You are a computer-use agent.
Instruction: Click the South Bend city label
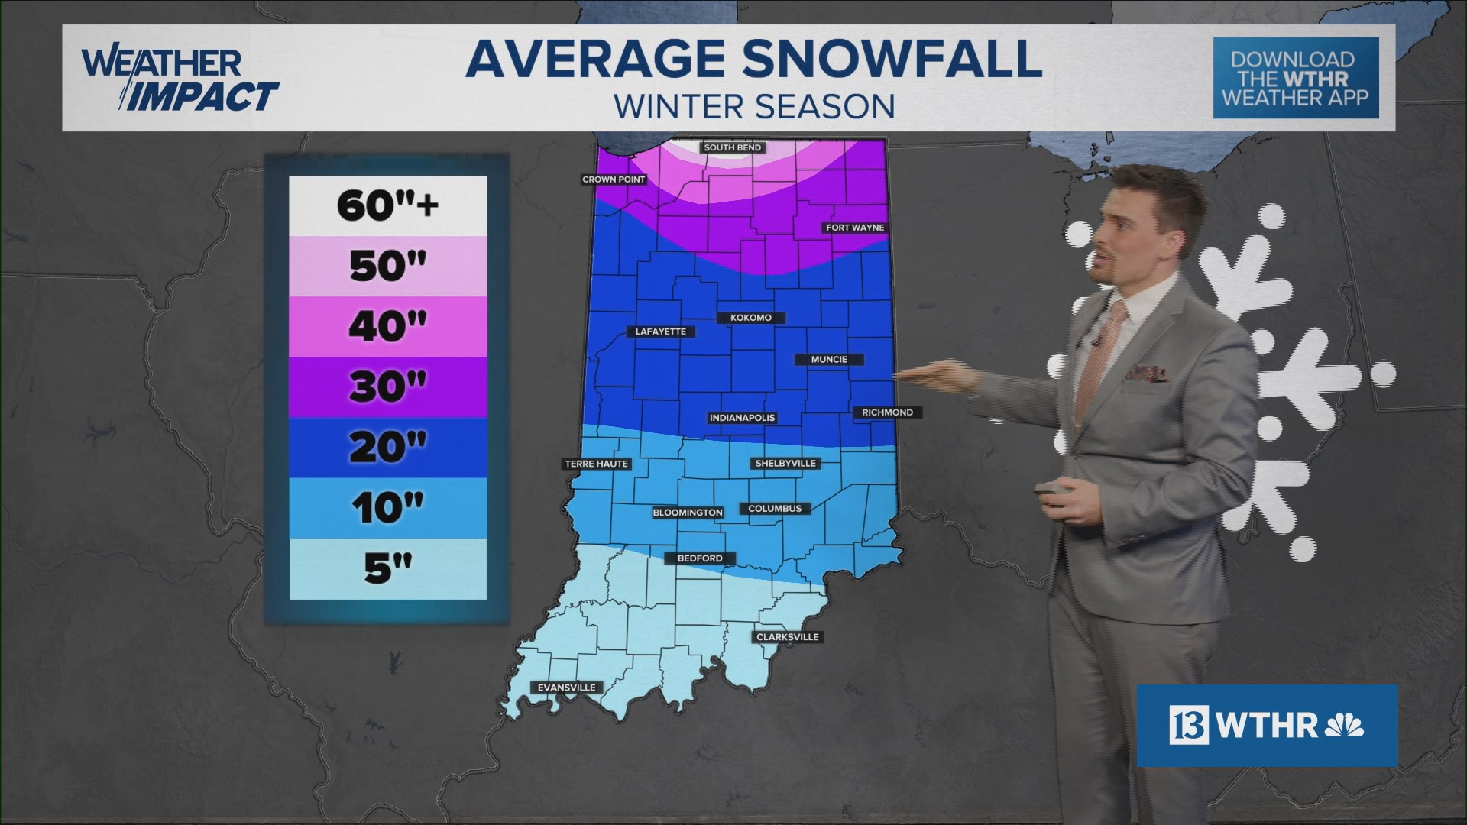tap(733, 147)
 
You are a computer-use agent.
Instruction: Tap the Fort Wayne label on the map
tap(855, 228)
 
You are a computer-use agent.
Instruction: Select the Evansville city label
tap(566, 687)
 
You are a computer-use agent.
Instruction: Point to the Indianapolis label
tap(742, 418)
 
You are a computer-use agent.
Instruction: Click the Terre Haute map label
tap(596, 464)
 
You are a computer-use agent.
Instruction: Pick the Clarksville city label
tap(787, 637)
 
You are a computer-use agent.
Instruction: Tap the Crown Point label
tap(614, 180)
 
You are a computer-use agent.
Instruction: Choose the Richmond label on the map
tap(887, 412)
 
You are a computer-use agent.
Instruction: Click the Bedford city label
tap(699, 558)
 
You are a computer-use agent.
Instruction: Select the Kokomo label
tap(750, 318)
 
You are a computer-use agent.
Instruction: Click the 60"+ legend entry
tap(387, 205)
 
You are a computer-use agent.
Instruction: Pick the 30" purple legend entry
tap(387, 387)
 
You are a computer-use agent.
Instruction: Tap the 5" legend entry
tap(387, 568)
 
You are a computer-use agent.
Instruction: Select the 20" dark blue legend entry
tap(387, 447)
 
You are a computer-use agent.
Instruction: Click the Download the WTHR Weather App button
tap(1295, 79)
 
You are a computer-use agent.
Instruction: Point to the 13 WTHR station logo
tap(1266, 725)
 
